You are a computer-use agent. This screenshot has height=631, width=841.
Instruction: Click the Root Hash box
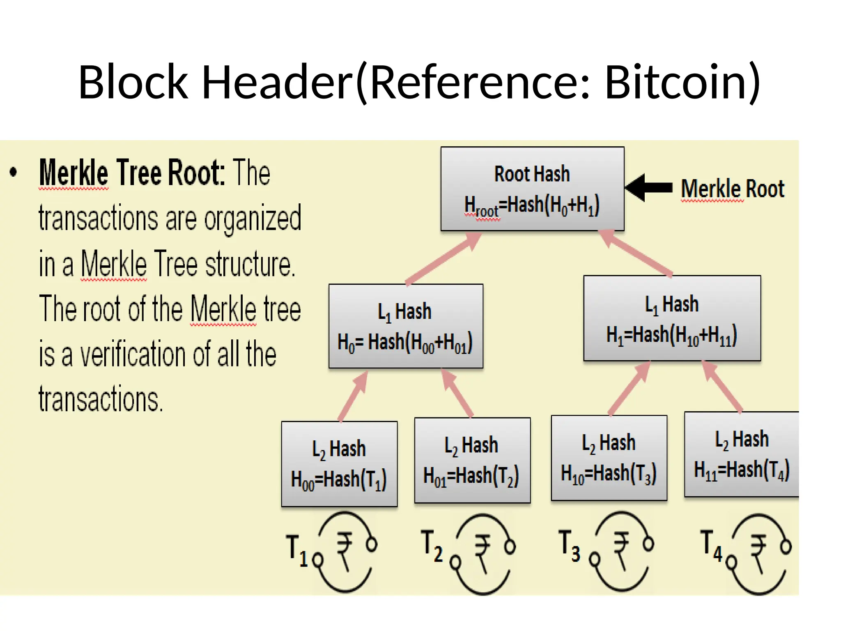(x=532, y=189)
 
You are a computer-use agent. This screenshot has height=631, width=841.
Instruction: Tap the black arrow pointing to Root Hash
(x=649, y=188)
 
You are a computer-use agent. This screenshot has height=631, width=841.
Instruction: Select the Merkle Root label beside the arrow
(x=733, y=189)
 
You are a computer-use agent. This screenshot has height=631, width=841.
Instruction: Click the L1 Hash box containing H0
(x=406, y=326)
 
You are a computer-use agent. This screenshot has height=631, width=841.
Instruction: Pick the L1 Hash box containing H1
(x=672, y=318)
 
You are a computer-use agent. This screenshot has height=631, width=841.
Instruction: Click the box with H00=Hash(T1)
(x=339, y=464)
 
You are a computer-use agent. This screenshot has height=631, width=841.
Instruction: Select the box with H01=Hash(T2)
(x=472, y=461)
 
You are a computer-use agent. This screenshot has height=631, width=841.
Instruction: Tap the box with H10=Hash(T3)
(x=609, y=458)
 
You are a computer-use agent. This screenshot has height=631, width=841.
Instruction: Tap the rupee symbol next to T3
(x=621, y=550)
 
